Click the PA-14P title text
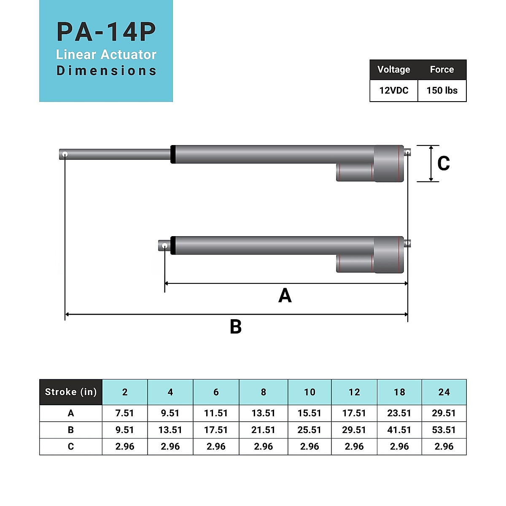106,32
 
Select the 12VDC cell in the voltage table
394,90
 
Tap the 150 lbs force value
442,90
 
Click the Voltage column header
394,70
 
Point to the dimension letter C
444,164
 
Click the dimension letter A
285,296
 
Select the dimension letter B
236,327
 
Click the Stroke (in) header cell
71,392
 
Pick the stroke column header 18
399,392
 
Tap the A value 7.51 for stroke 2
125,413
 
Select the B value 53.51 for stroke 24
444,430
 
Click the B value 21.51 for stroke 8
264,430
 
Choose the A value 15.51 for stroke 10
310,413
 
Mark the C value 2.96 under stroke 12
354,447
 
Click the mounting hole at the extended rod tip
65,154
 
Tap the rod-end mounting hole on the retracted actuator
164,246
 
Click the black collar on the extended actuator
173,154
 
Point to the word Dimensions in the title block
106,71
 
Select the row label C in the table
71,447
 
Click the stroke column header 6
216,392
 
